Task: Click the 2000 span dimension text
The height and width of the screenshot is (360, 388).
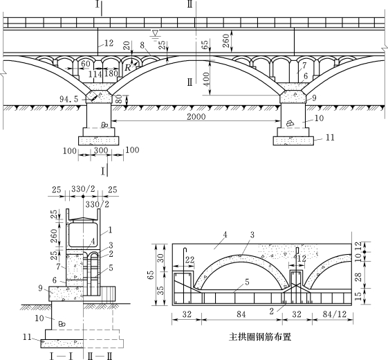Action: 196,116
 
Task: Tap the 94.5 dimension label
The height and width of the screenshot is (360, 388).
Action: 68,99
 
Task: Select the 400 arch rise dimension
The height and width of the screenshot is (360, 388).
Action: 206,79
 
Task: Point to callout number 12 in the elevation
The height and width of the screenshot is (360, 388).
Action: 109,43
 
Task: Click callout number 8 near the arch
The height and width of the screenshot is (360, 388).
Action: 142,45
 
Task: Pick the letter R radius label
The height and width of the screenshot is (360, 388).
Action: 128,67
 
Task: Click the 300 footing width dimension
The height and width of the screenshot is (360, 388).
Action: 101,150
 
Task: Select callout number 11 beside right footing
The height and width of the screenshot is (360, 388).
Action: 330,137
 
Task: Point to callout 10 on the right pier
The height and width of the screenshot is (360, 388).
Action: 319,118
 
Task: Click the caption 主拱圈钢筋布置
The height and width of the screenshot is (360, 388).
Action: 260,337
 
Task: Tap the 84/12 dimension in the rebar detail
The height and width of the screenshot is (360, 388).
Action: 335,314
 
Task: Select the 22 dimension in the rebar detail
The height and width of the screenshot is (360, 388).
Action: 190,260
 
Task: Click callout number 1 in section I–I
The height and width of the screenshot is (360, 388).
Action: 111,230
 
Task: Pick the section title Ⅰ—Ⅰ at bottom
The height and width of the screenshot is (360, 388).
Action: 61,356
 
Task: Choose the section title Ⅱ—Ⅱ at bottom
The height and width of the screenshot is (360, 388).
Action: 100,356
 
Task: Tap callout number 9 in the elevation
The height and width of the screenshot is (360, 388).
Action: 314,98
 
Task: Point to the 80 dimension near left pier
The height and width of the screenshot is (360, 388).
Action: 119,100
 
